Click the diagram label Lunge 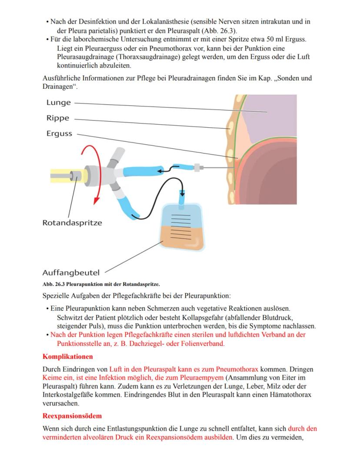click(59, 103)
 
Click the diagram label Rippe click(58, 118)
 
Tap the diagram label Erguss click(60, 133)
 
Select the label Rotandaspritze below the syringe click(72, 223)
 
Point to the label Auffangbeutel click(71, 273)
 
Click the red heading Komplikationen click(67, 357)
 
